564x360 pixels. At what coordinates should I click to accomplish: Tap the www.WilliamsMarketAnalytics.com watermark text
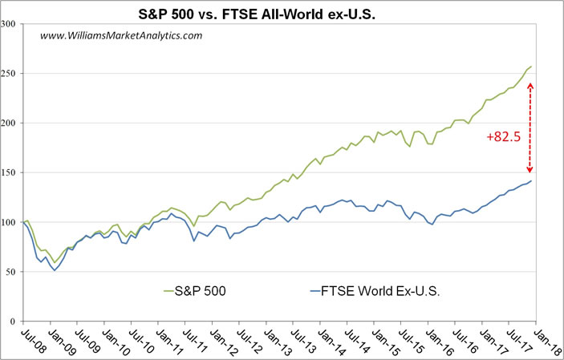click(120, 35)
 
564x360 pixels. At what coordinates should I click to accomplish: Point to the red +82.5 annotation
click(504, 137)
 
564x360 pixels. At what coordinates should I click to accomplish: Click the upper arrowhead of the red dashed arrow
click(530, 85)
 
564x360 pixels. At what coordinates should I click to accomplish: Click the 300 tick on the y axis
click(11, 23)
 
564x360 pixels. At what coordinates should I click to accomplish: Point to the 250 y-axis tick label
click(11, 73)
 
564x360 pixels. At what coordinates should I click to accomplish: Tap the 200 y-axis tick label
click(11, 123)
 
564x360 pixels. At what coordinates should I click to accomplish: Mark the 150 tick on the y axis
click(11, 172)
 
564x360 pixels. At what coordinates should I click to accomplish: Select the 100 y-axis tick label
click(11, 222)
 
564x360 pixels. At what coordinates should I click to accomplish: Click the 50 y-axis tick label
click(14, 272)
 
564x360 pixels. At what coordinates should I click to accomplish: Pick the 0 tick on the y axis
click(16, 322)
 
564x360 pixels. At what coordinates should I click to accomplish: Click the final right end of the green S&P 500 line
click(531, 66)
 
